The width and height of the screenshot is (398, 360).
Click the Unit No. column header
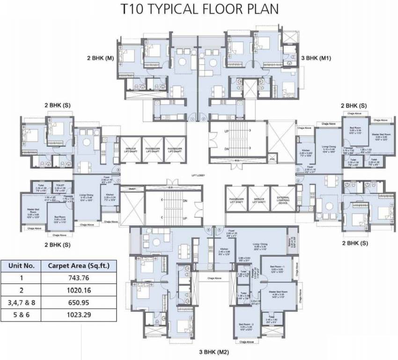tap(22, 265)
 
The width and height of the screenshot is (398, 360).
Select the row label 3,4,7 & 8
tap(22, 303)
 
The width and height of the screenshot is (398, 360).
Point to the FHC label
tap(272, 159)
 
